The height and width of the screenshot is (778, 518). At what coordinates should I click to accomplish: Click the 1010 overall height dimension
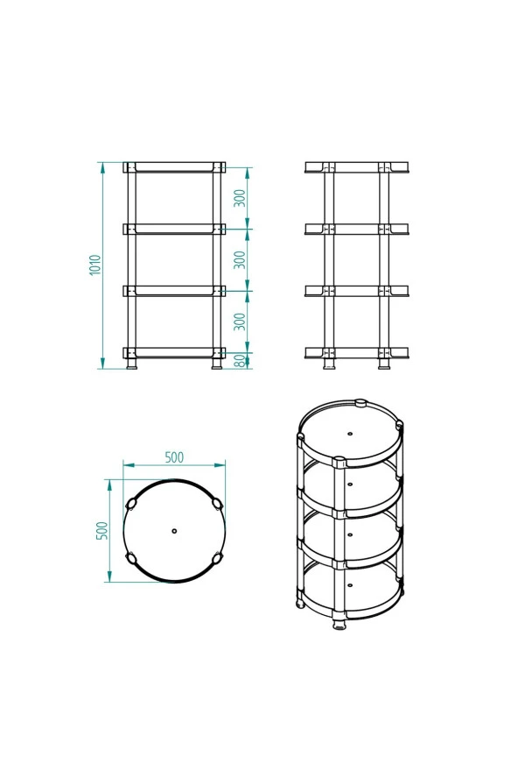[x=95, y=265]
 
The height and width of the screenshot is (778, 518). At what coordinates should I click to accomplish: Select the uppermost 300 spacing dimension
[x=240, y=199]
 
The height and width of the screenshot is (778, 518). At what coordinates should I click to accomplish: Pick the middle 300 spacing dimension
[x=240, y=260]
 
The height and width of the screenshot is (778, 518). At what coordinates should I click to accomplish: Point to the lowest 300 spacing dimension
[x=240, y=322]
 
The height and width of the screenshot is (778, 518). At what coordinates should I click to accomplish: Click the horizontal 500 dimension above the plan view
[x=174, y=457]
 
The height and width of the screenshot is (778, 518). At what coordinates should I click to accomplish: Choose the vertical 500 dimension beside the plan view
[x=101, y=530]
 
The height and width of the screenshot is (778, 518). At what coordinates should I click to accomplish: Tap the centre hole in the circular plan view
[x=174, y=531]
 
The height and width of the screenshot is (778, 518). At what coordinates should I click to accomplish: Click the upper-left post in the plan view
[x=132, y=504]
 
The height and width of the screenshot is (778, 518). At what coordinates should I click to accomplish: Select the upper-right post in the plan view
[x=216, y=503]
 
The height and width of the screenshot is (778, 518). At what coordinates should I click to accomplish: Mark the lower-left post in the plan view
[x=132, y=558]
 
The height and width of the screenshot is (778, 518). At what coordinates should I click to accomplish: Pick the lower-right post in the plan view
[x=216, y=558]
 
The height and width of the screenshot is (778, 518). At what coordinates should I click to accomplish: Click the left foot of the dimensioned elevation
[x=131, y=364]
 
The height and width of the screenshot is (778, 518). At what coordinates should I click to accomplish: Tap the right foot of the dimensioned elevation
[x=217, y=364]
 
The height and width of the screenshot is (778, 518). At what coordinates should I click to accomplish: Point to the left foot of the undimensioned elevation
[x=329, y=364]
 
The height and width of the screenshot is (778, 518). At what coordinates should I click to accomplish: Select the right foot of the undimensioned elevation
[x=384, y=364]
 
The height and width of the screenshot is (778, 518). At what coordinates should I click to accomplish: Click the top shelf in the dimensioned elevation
[x=174, y=166]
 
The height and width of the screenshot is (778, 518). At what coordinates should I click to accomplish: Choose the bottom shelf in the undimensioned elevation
[x=356, y=352]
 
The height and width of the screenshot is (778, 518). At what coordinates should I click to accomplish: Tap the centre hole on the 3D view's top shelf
[x=350, y=434]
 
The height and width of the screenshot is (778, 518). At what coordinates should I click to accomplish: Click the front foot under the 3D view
[x=339, y=626]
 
